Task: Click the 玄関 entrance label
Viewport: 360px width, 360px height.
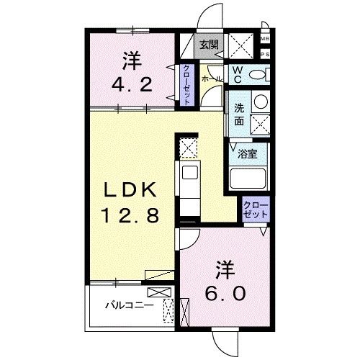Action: (x=209, y=45)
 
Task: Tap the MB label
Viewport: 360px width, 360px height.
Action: (x=264, y=39)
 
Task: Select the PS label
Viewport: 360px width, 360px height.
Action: (x=264, y=53)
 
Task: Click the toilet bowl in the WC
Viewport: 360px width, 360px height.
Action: (x=261, y=74)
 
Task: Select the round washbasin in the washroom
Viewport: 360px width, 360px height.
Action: (x=260, y=102)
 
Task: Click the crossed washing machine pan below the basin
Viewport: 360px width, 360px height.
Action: (x=260, y=125)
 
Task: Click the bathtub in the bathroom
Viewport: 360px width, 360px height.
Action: (x=248, y=178)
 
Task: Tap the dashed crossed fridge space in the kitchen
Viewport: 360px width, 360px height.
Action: (x=189, y=148)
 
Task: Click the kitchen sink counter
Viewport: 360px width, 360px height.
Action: (x=189, y=184)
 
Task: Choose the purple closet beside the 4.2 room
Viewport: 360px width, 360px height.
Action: (x=185, y=84)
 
